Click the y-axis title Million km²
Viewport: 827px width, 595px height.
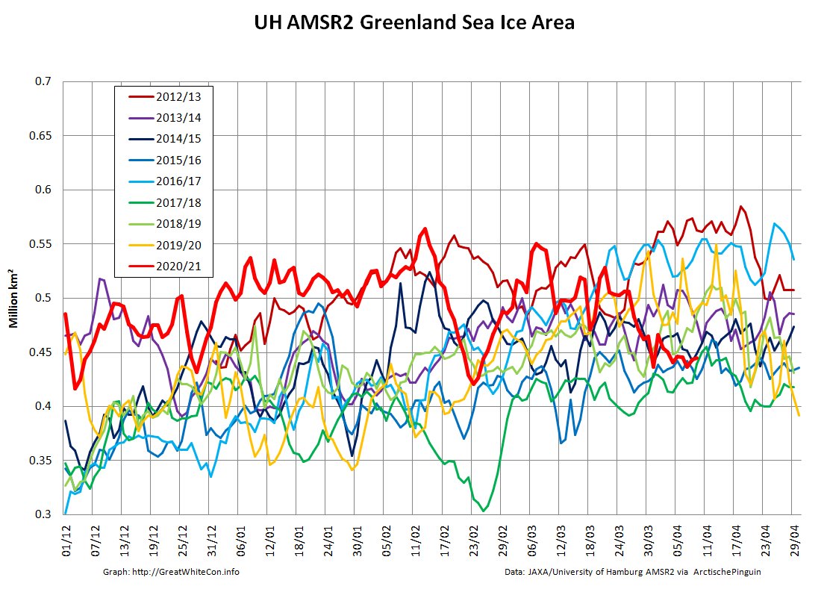(13, 299)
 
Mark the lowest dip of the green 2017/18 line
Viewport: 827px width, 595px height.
(484, 511)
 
